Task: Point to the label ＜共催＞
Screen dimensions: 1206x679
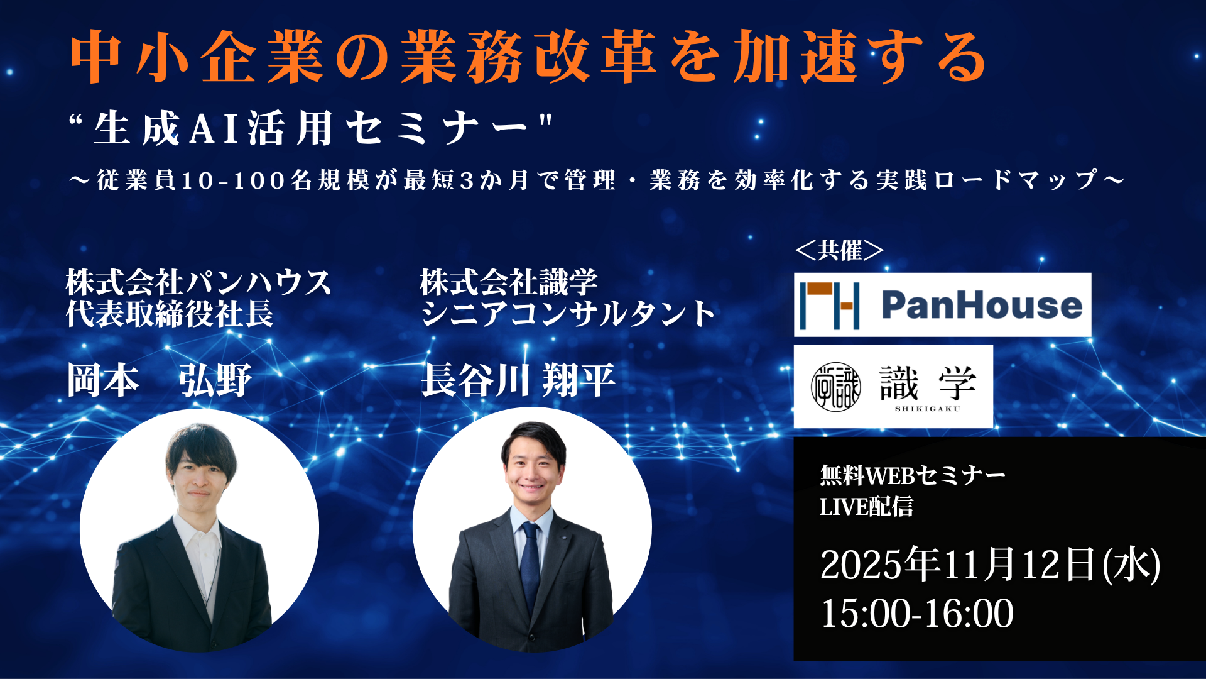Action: pos(839,250)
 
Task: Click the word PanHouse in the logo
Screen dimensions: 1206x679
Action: pos(982,305)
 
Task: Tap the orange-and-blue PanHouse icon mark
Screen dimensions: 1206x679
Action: pos(830,306)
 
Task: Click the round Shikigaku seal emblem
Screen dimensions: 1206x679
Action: pos(835,387)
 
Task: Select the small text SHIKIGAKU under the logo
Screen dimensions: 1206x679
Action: pos(928,409)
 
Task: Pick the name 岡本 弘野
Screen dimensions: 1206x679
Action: pos(159,380)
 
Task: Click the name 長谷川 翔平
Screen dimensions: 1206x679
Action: pos(518,380)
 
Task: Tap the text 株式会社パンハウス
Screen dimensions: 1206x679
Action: pos(198,282)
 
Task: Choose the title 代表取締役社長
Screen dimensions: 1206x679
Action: pos(170,313)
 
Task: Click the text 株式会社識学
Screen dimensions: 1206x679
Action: pos(509,282)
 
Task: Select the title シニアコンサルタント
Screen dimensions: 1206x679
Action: pos(568,313)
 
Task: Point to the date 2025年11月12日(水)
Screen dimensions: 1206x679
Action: pos(990,564)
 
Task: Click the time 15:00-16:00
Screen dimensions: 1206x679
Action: pos(917,613)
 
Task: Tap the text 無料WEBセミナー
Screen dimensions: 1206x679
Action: pos(913,475)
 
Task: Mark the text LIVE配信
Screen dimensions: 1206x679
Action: pos(866,507)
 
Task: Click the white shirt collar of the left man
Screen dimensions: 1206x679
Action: pos(198,527)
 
